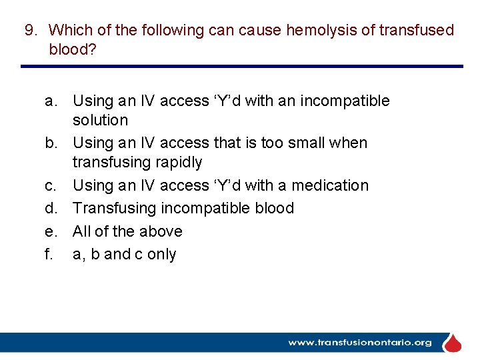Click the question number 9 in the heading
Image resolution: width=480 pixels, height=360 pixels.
(31, 30)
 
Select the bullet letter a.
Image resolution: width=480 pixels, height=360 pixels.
(51, 101)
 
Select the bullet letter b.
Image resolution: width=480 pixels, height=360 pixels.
(51, 143)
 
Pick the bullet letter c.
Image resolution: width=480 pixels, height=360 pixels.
(51, 185)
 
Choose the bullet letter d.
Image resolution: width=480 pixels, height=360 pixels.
(51, 208)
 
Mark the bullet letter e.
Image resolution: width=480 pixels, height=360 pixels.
(51, 231)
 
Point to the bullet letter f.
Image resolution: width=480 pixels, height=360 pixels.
(49, 254)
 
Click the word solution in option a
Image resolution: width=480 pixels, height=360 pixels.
(100, 121)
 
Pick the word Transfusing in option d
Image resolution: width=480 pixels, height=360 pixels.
(113, 208)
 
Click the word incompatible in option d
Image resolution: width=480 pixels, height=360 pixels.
(202, 208)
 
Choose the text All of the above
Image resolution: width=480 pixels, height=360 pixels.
(127, 231)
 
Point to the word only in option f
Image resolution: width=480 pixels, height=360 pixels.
(161, 255)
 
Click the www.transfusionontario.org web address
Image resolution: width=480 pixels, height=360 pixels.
(359, 343)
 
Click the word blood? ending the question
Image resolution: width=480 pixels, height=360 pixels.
(73, 49)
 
